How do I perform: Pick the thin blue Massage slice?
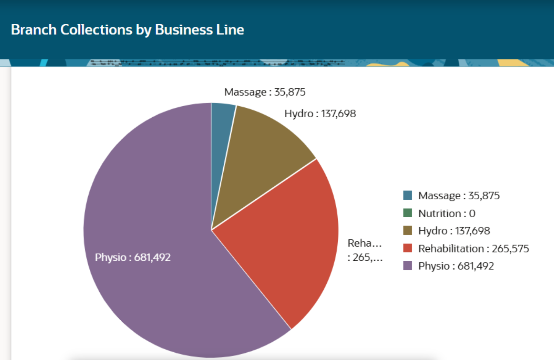click(x=221, y=140)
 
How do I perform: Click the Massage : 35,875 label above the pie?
click(x=265, y=92)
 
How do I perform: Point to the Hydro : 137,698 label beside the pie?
click(x=320, y=114)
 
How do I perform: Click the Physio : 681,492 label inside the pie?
click(x=133, y=257)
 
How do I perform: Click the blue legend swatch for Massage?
click(x=408, y=195)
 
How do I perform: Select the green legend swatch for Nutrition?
click(x=408, y=213)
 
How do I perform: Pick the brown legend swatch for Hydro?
click(x=408, y=231)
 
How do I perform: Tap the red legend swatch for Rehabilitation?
click(x=408, y=248)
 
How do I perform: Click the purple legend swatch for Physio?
click(x=408, y=266)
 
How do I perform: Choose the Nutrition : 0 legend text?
click(x=447, y=213)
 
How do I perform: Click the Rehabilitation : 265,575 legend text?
click(x=473, y=249)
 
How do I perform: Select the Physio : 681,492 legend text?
click(x=456, y=266)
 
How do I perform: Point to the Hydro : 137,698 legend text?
click(x=454, y=231)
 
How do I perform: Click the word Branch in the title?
click(x=34, y=30)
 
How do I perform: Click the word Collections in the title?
click(x=96, y=30)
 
